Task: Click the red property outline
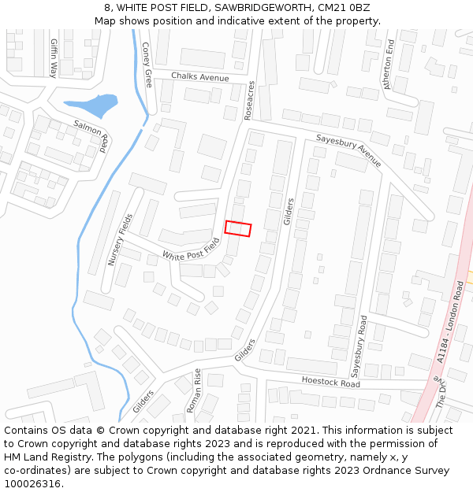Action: pyautogui.click(x=237, y=228)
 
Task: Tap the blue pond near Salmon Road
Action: pyautogui.click(x=91, y=105)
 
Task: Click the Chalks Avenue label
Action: pyautogui.click(x=200, y=76)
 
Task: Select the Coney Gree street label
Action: pyautogui.click(x=147, y=65)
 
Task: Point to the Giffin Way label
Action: pyautogui.click(x=54, y=57)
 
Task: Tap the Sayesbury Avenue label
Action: pyautogui.click(x=348, y=150)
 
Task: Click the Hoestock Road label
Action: pyautogui.click(x=330, y=382)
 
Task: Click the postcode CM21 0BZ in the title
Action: pyautogui.click(x=348, y=8)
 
